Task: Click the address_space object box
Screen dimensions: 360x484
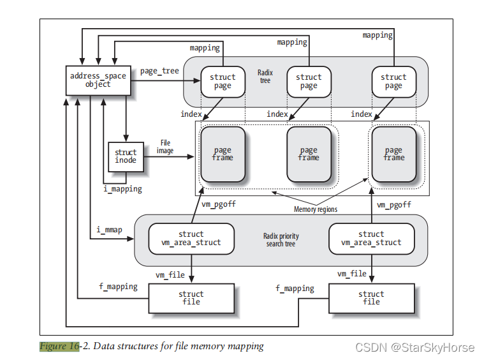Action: pyautogui.click(x=98, y=80)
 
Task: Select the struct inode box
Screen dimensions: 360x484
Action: pyautogui.click(x=126, y=156)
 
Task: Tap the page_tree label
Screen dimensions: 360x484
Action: pyautogui.click(x=159, y=71)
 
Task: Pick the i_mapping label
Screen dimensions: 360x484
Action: pyautogui.click(x=122, y=189)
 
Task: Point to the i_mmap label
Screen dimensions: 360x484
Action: pyautogui.click(x=109, y=229)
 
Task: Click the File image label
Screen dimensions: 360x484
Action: pyautogui.click(x=165, y=147)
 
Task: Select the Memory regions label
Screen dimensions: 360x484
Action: pyautogui.click(x=315, y=209)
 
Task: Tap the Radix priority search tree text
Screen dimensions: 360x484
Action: pyautogui.click(x=281, y=240)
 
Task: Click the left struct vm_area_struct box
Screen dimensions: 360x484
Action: pyautogui.click(x=191, y=238)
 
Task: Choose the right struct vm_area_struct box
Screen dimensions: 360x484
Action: pyautogui.click(x=371, y=238)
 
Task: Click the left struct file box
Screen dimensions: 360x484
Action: pyautogui.click(x=191, y=297)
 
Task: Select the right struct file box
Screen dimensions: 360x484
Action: pyautogui.click(x=371, y=297)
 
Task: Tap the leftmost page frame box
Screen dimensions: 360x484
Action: pyautogui.click(x=223, y=154)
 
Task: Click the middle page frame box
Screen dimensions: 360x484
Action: pyautogui.click(x=309, y=154)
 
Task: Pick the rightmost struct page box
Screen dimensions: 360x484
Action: pyautogui.click(x=393, y=81)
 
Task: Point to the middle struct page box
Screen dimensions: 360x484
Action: pyautogui.click(x=309, y=81)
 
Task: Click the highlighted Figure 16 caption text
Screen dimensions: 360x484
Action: pyautogui.click(x=59, y=346)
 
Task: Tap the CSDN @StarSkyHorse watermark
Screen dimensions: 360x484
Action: pyautogui.click(x=414, y=347)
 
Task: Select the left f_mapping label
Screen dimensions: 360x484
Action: pyautogui.click(x=118, y=287)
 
